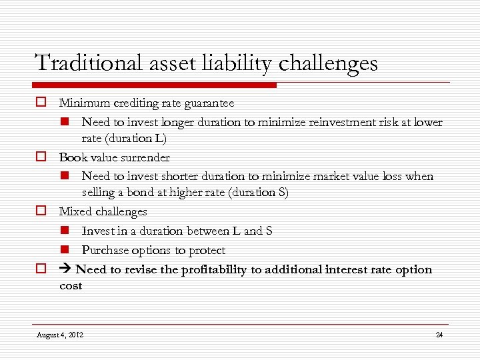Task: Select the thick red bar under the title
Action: pyautogui.click(x=154, y=85)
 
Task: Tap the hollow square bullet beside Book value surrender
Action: pyautogui.click(x=41, y=157)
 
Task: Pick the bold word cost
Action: pyautogui.click(x=71, y=286)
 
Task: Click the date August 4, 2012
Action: pyautogui.click(x=60, y=335)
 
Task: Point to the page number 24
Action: pyautogui.click(x=439, y=335)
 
